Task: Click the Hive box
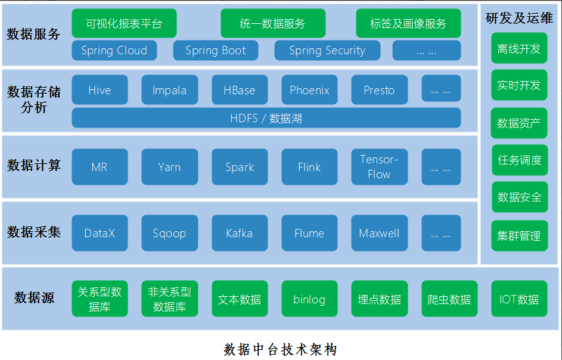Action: [100, 90]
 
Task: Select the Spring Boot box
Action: [215, 51]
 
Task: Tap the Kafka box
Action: [239, 233]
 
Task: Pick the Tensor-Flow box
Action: [379, 167]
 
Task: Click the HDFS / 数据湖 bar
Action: [266, 118]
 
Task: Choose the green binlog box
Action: [309, 299]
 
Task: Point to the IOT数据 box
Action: [519, 299]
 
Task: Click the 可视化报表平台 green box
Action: [124, 24]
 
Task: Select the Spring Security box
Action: [327, 51]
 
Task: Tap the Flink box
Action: [309, 167]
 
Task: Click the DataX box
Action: [100, 233]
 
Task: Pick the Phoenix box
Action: [309, 90]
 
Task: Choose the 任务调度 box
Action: [520, 160]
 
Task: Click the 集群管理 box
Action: [520, 235]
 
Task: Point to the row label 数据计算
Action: [34, 165]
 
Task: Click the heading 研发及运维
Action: [519, 18]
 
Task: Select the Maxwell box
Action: [379, 233]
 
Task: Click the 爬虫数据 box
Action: [449, 299]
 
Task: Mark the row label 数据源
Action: [34, 297]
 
